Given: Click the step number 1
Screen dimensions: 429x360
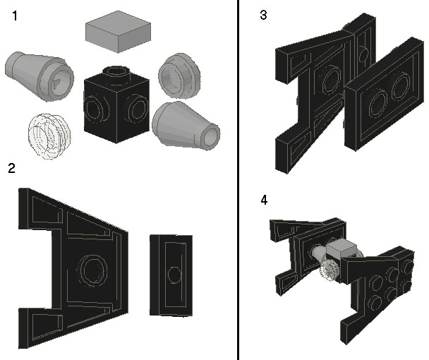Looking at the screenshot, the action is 15,16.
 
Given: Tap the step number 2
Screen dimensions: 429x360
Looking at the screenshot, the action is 11,168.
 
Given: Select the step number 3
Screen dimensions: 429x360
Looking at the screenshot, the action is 263,15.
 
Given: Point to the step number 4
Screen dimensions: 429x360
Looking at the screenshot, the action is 264,200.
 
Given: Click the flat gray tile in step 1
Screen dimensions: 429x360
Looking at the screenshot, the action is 118,32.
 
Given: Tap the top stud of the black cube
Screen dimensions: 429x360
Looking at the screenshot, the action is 116,72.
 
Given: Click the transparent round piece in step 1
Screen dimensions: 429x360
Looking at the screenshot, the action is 49,136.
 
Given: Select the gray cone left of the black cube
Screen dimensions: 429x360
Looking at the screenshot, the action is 40,76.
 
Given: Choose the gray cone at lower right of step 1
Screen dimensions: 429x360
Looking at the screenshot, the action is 186,125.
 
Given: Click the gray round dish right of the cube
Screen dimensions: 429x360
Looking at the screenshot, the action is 179,76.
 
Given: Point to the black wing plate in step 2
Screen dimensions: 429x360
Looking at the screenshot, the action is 73,268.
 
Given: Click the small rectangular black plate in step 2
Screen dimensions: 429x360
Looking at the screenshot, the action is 171,275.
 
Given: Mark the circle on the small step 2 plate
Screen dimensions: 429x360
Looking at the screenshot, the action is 174,275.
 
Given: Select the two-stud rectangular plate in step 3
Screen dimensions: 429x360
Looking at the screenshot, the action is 385,95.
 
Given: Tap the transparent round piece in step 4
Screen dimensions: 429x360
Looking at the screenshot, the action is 330,270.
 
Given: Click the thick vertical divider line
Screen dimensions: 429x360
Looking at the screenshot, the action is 238,180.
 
